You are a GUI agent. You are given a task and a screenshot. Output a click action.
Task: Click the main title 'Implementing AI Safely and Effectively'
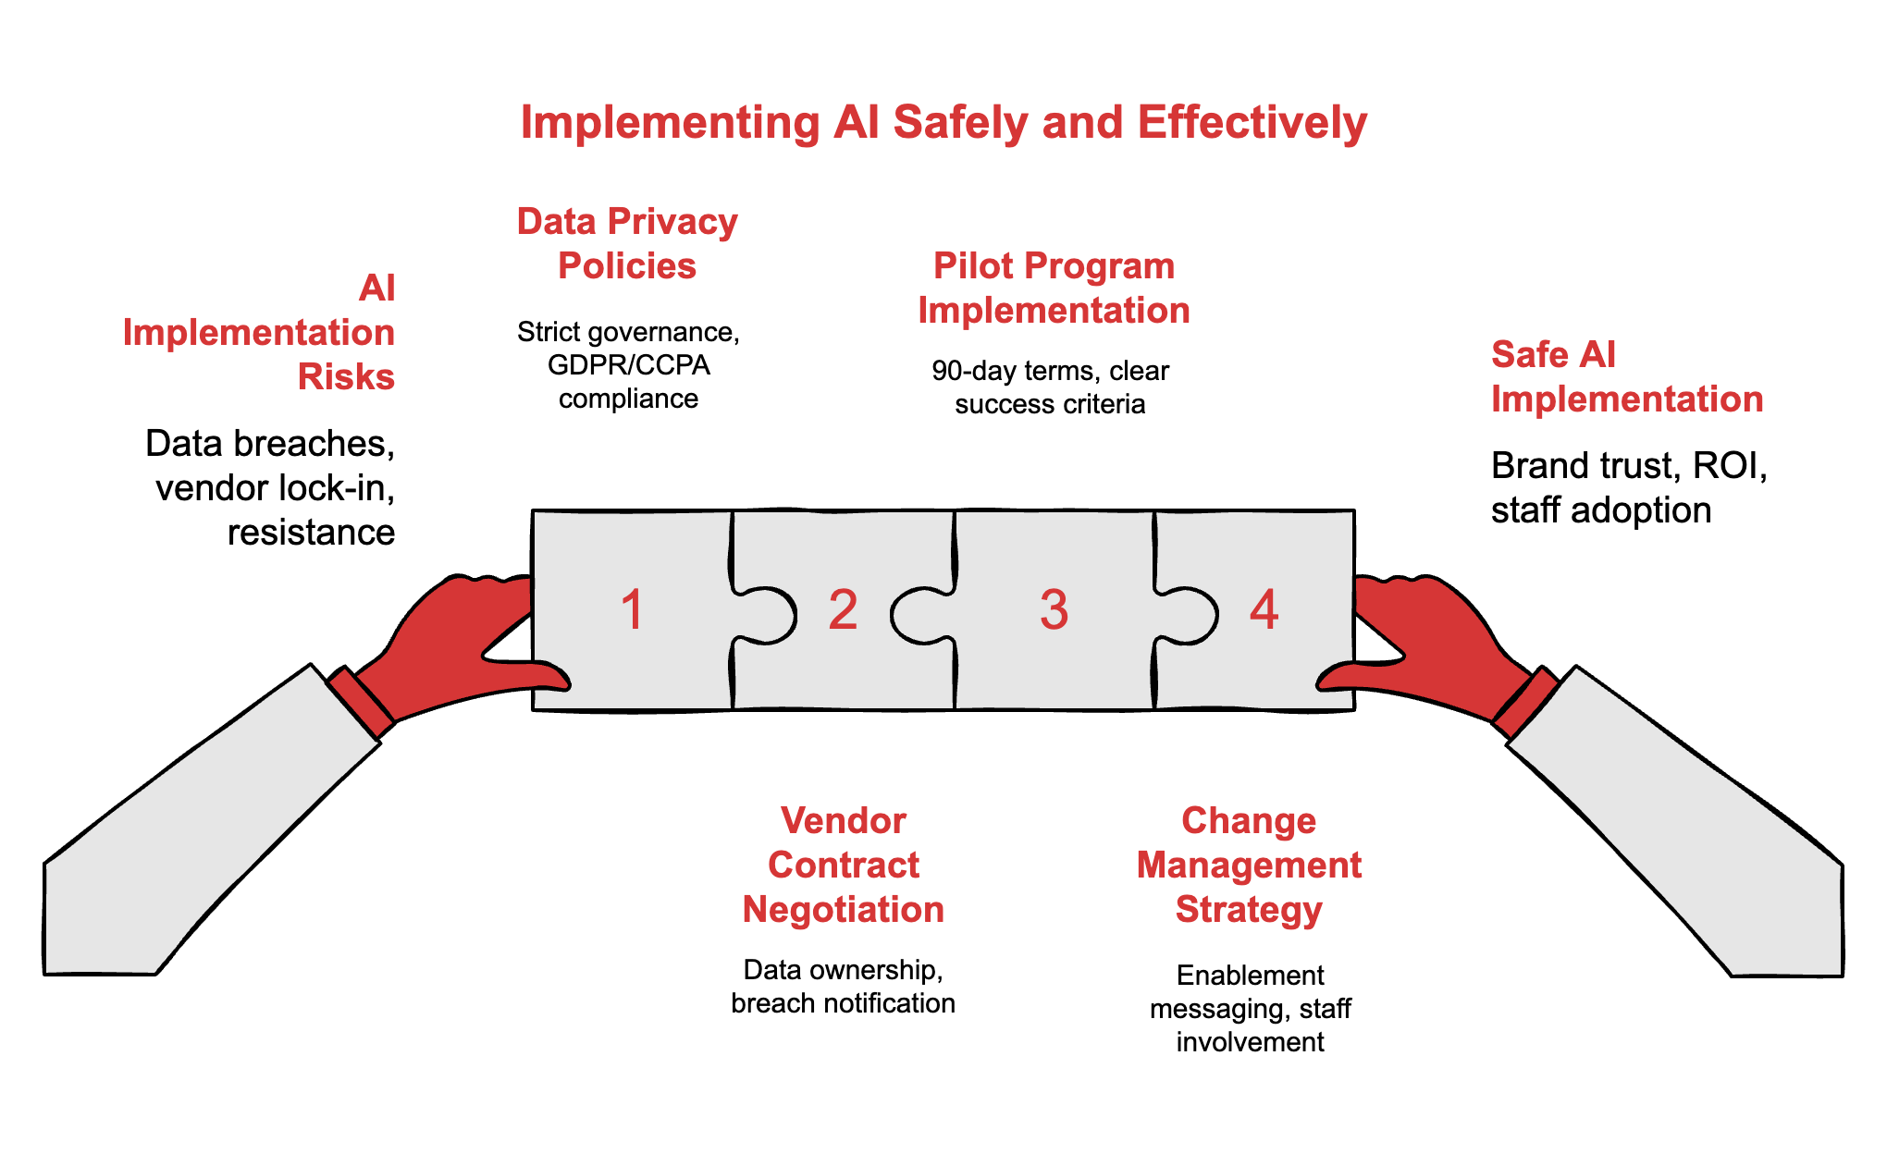[943, 123]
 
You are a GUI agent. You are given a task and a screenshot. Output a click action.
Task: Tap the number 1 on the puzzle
[633, 610]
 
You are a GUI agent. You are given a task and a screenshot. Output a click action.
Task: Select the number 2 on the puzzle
[843, 610]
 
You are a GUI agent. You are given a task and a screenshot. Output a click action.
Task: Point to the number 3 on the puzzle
[1054, 610]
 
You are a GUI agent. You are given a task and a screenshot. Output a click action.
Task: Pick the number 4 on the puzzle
[1264, 610]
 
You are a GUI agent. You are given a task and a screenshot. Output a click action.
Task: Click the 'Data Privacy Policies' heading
[627, 243]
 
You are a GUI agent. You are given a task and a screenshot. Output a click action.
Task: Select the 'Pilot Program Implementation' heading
[1054, 288]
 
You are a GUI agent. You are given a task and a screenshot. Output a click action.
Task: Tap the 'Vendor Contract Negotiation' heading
[843, 865]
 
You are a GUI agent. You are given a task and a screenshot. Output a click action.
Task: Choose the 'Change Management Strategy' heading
[1249, 865]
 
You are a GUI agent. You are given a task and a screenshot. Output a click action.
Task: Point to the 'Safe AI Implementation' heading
[1626, 376]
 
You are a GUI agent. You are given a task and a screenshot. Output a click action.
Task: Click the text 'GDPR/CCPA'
[629, 365]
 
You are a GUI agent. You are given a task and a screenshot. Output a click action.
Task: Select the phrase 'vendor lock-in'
[275, 488]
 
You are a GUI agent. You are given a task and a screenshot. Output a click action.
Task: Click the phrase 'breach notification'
[843, 1003]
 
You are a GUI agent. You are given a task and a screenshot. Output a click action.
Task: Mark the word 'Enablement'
[1250, 976]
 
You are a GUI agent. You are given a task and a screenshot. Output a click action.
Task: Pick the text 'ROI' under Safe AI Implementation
[1724, 466]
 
